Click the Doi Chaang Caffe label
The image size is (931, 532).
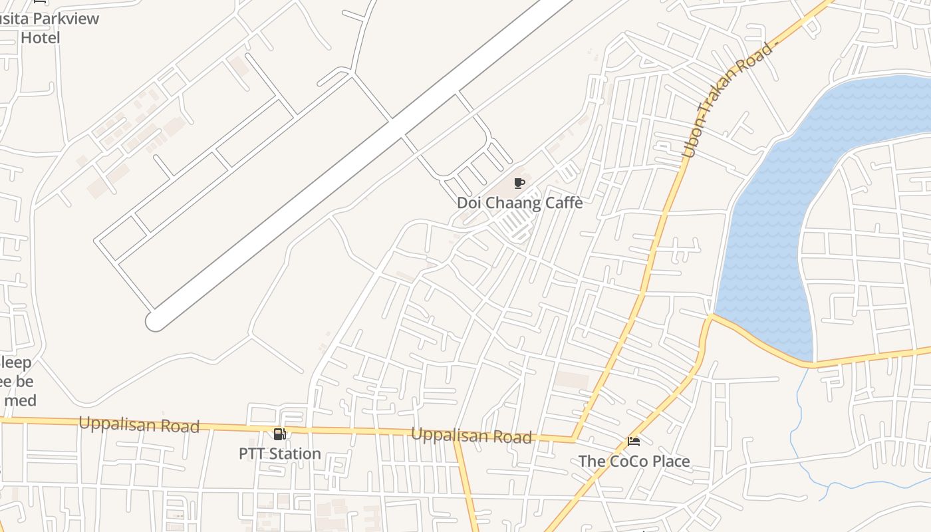[519, 203]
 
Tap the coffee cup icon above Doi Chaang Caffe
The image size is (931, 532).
[519, 184]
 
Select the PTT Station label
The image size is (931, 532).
[279, 454]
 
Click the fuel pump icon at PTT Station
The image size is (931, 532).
[280, 435]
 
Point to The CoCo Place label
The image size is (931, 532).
[634, 461]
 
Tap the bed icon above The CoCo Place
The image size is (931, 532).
[633, 442]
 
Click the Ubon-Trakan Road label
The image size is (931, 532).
[730, 100]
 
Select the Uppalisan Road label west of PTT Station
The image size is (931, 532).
[139, 424]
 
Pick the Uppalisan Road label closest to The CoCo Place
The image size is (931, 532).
[471, 436]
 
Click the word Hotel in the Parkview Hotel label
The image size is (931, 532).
[40, 37]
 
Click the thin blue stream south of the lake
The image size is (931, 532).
[795, 426]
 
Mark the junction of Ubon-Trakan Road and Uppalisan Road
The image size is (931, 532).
[574, 439]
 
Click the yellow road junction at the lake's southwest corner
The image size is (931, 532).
[711, 317]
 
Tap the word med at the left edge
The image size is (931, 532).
[19, 400]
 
